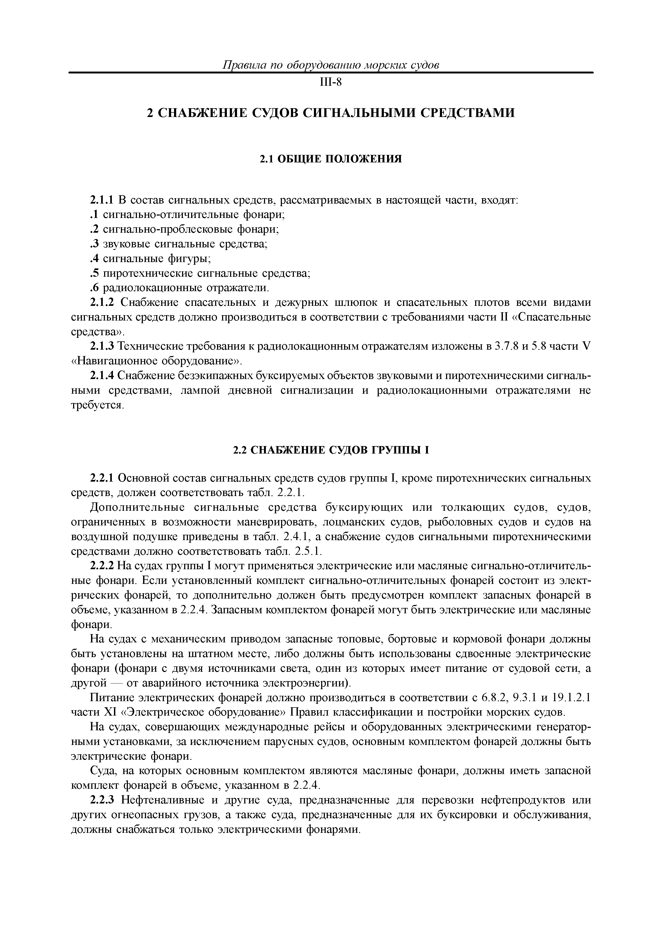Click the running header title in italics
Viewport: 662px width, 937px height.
(330, 65)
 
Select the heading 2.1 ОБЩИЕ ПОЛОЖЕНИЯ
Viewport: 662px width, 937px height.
(331, 159)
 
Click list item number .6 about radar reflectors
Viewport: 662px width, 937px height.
(179, 288)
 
